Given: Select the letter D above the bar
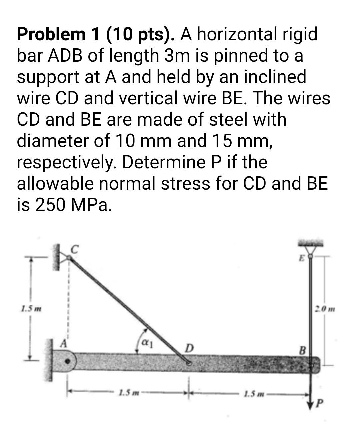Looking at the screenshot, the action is tap(189, 348).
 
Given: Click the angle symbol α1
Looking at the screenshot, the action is tap(147, 343).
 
